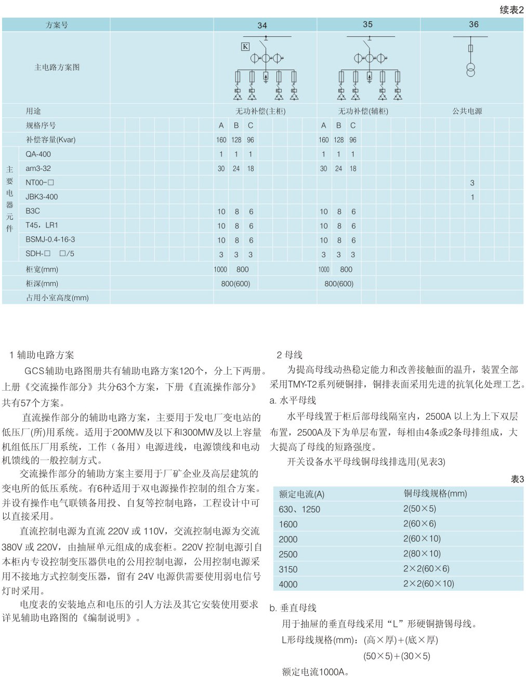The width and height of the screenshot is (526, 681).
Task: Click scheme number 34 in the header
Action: [262, 25]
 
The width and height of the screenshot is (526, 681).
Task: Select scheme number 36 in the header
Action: [474, 24]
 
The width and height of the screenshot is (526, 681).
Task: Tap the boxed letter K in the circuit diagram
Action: [245, 47]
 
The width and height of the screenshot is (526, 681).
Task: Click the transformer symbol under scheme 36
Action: [470, 69]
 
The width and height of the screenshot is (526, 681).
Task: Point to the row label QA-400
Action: [38, 154]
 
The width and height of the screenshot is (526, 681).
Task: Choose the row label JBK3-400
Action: [42, 197]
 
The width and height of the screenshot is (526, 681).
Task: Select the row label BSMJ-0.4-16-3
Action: [50, 239]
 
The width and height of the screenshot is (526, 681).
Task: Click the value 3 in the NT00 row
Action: [472, 183]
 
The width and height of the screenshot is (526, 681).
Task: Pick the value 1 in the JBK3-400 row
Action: [472, 197]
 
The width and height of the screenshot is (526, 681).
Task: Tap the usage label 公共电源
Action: [467, 111]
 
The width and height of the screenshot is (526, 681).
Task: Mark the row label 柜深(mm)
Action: [42, 284]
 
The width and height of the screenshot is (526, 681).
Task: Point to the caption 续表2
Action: [511, 10]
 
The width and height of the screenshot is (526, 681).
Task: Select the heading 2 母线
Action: [290, 355]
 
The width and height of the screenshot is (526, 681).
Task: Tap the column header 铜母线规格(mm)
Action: [435, 493]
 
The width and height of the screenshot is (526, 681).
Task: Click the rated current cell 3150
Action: [288, 569]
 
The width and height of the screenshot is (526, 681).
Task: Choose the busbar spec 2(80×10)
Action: [422, 554]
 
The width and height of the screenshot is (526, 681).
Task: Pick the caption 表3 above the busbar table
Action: [517, 479]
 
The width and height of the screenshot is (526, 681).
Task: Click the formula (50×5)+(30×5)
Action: [397, 656]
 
